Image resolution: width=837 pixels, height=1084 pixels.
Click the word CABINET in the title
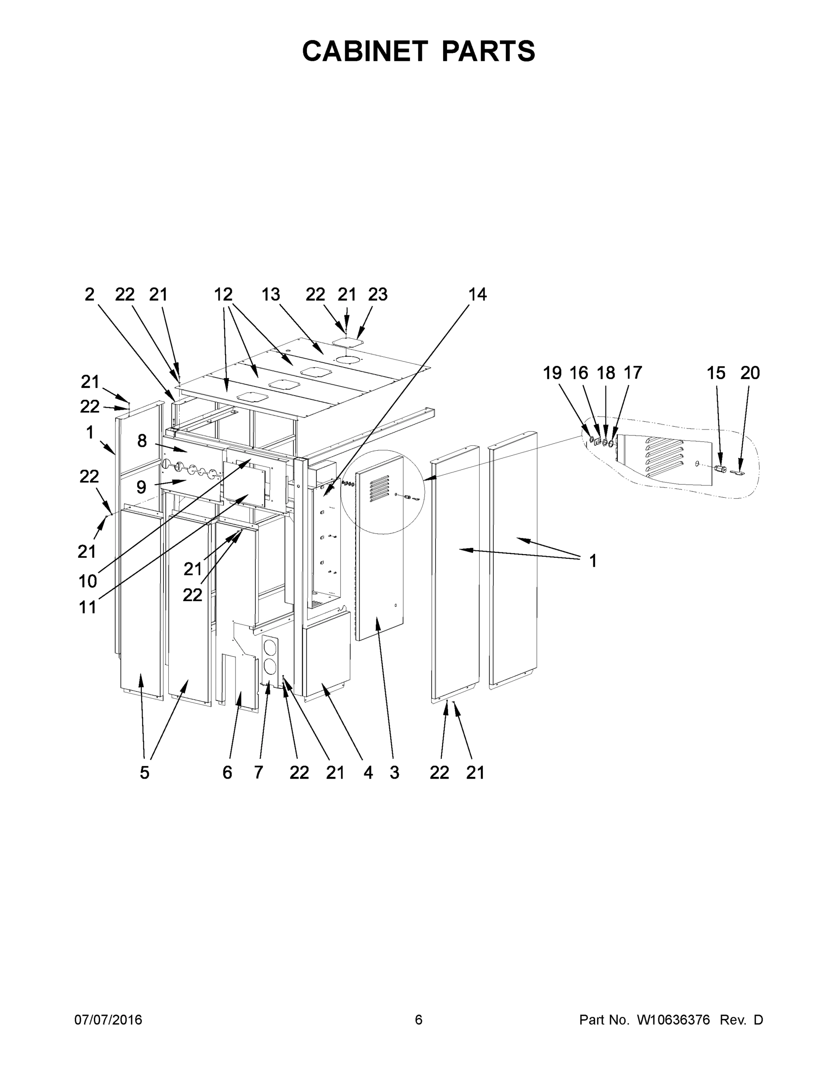pos(365,51)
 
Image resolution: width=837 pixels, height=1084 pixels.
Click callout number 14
pos(477,294)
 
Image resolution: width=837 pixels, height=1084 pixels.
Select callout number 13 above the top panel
pos(271,294)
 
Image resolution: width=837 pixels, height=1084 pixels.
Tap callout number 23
pos(377,294)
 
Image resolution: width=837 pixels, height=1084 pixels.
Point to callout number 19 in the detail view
pos(552,373)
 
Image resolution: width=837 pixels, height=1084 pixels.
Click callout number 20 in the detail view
pos(750,373)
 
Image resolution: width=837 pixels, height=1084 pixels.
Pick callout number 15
pos(716,373)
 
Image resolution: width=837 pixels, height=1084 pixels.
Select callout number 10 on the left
pos(88,581)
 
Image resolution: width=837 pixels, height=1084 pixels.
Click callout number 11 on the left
pos(88,607)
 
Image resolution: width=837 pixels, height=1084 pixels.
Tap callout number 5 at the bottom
pos(144,773)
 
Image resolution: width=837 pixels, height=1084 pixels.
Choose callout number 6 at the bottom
pos(227,773)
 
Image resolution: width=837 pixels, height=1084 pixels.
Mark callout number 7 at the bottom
pos(259,773)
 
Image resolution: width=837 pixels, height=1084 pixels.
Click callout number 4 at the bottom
pos(367,773)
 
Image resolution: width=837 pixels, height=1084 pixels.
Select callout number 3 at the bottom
pos(394,773)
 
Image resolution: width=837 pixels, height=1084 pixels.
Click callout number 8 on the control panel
pos(142,441)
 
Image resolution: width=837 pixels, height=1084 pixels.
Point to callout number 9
pos(141,487)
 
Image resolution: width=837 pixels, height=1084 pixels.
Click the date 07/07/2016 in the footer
pos(108,1020)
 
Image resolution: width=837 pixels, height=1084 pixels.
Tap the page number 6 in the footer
pos(419,1020)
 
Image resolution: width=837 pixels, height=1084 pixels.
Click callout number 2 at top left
pos(89,294)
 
